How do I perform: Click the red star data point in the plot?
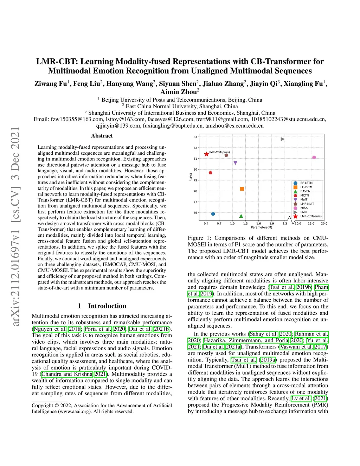pos(206,154)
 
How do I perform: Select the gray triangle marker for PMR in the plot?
pos(283,139)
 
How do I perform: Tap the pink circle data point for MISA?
pos(314,158)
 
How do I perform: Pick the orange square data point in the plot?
pos(242,189)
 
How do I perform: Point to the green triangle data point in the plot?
pos(241,216)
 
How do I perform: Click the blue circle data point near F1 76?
pos(213,214)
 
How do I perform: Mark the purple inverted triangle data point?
pos(236,163)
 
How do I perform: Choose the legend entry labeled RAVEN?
pos(305,191)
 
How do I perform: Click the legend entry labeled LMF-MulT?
pos(307,204)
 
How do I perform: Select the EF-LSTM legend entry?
pos(306,183)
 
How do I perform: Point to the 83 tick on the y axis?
pos(195,137)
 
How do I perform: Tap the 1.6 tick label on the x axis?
pos(258,224)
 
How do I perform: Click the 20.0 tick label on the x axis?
pos(324,224)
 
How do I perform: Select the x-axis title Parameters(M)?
pos(261,228)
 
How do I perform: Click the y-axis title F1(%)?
pos(191,177)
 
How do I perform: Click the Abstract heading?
pos(102,136)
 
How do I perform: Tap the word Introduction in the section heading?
pos(107,306)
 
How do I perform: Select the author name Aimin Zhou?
pos(178,92)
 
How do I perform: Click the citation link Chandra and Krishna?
pos(67,374)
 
